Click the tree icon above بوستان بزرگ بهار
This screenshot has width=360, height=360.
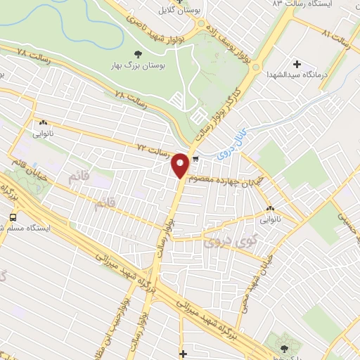point(138,53)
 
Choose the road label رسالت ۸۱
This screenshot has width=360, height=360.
point(336,34)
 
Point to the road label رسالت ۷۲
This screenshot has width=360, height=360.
point(152,149)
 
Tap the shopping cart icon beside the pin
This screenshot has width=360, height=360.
point(195,159)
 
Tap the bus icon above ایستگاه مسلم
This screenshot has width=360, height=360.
point(12,217)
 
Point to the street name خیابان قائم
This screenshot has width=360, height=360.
point(29,167)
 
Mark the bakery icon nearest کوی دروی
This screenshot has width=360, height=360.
point(271,208)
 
